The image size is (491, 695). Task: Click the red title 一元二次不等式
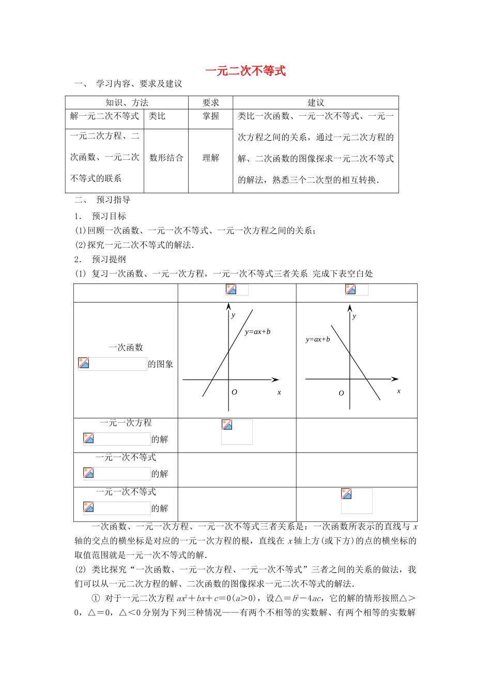coord(245,71)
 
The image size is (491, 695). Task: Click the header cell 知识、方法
coord(127,102)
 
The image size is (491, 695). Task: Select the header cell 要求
coord(210,102)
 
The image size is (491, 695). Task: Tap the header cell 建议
coord(316,102)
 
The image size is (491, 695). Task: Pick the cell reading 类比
coord(157,116)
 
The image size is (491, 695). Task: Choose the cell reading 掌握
coord(210,116)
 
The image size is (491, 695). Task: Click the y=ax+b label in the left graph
coord(257,332)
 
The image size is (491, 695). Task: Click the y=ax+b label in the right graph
coord(317,340)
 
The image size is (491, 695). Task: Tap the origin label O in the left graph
coord(234,392)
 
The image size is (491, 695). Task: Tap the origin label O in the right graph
coord(341,394)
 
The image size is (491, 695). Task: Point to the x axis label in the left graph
coord(279,392)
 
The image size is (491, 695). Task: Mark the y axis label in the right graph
coord(354,316)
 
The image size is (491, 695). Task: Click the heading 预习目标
coord(109,216)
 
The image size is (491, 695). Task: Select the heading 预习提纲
coord(109,260)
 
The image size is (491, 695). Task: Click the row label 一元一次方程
coord(126,423)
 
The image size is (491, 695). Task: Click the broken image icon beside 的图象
coord(84,364)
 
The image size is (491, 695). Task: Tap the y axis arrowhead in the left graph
coord(228,307)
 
